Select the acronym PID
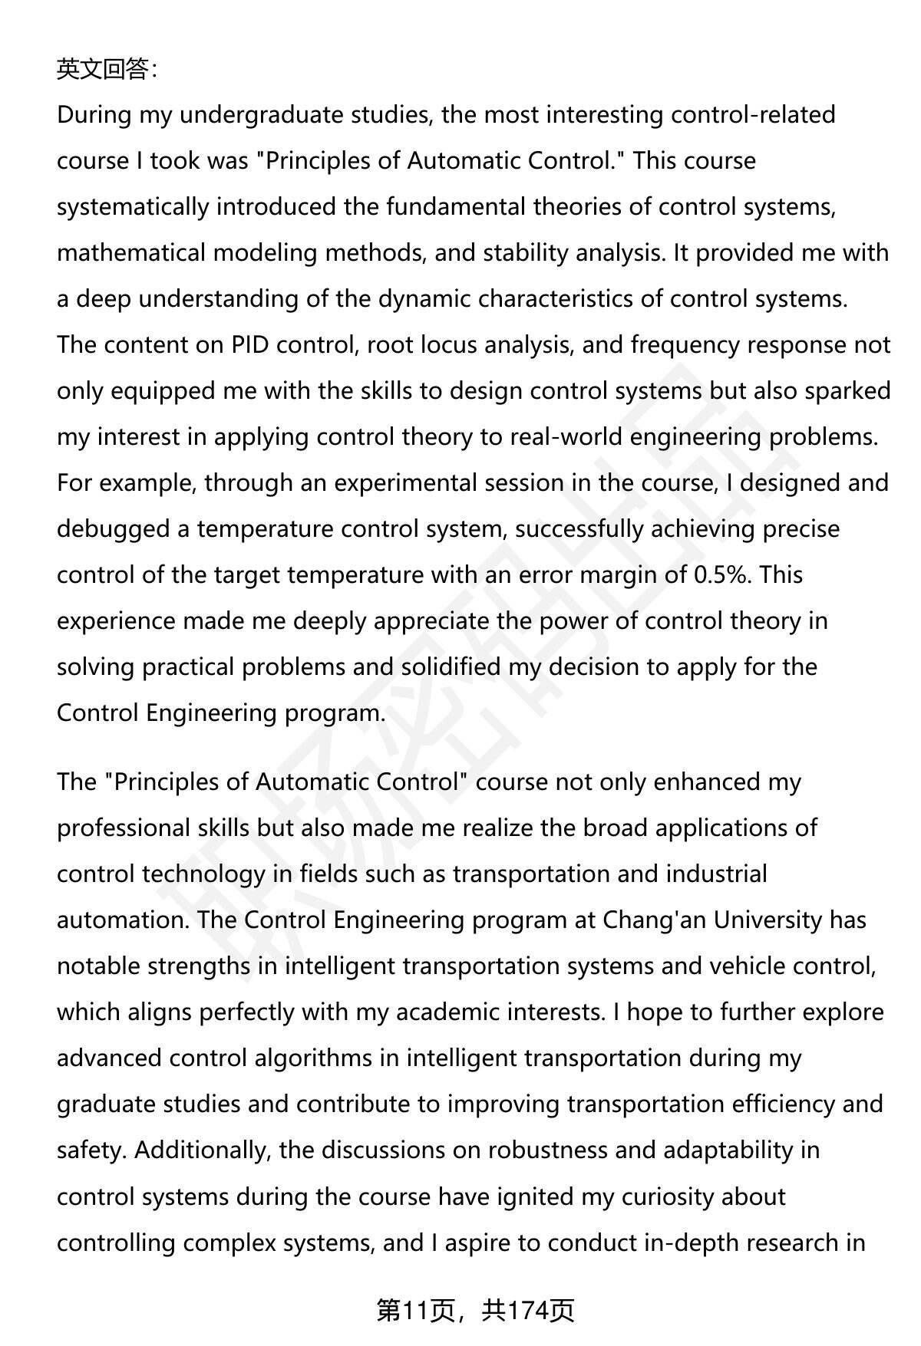[249, 345]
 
